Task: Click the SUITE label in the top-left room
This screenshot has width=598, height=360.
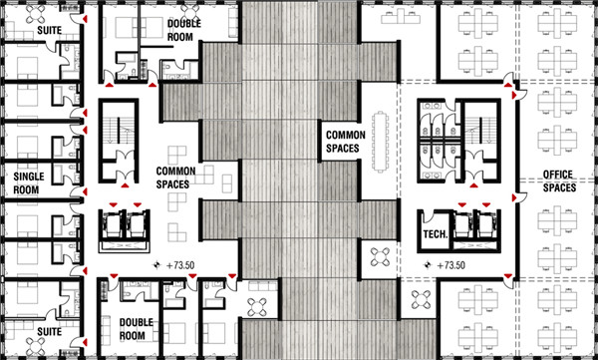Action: [49, 30]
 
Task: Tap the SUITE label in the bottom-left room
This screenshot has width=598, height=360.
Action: [49, 331]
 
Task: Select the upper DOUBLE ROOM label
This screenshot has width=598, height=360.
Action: [183, 30]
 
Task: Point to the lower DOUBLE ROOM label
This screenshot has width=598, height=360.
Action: [137, 329]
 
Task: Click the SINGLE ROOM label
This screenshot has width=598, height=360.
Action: [29, 182]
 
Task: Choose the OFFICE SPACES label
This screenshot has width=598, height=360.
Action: [559, 180]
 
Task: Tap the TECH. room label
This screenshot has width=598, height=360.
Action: [436, 233]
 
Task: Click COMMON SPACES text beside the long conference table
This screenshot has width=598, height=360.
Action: [346, 142]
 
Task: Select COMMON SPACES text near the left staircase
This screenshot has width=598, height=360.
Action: [175, 178]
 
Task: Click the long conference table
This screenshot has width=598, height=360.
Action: [381, 142]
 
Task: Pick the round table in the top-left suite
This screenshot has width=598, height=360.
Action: [36, 14]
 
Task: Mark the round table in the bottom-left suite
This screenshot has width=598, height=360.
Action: [36, 346]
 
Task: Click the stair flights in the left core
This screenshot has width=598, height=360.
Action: [119, 131]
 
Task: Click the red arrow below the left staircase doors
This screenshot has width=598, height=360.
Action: [126, 185]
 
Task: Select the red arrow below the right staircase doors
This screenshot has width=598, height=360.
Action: [473, 185]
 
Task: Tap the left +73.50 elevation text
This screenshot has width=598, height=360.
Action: [180, 265]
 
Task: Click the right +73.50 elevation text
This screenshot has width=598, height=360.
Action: [451, 265]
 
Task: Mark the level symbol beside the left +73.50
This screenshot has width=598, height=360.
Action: [156, 264]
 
